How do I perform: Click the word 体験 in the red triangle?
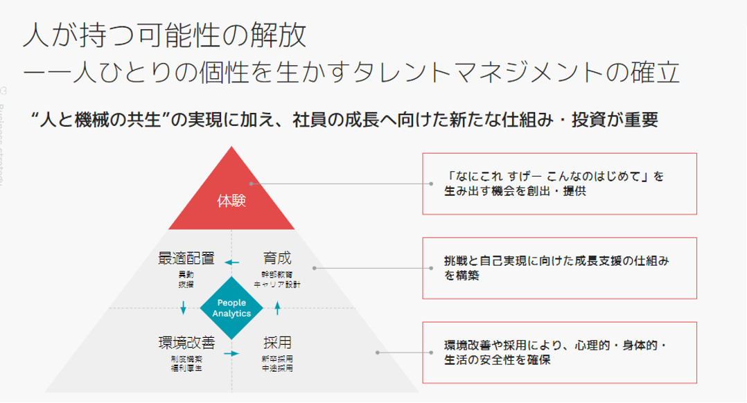pos(231,202)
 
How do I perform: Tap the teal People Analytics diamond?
pos(231,307)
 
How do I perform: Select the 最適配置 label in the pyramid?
pos(186,260)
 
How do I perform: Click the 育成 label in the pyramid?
pos(276,260)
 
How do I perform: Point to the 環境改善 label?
pos(186,342)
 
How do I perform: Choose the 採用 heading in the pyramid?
pos(276,342)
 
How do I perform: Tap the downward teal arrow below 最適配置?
pos(184,307)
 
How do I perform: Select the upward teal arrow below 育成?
pos(277,307)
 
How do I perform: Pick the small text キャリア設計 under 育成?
pos(276,284)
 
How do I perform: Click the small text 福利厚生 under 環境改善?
pos(186,367)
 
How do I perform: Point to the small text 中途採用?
pos(277,368)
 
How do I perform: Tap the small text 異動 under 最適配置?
pos(186,275)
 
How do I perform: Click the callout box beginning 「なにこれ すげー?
pos(559,183)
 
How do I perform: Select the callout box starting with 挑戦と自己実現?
pos(559,268)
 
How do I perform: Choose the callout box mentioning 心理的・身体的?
pos(559,352)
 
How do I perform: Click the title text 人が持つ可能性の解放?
pos(164,35)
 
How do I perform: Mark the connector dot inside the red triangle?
pos(254,183)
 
